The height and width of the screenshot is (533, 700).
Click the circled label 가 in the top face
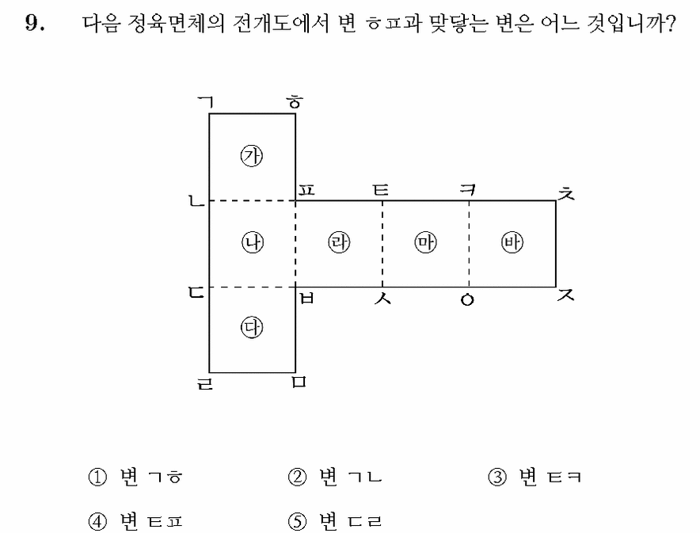(252, 156)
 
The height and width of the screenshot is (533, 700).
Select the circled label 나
(253, 243)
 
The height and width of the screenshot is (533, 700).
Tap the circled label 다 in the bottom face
(252, 328)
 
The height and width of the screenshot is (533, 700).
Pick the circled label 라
(339, 242)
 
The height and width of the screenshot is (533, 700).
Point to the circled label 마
(425, 242)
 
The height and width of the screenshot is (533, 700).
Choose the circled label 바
(512, 242)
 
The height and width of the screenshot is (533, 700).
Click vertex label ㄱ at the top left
(206, 103)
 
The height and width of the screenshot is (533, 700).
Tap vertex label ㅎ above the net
(295, 102)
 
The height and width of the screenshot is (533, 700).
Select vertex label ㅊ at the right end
(566, 192)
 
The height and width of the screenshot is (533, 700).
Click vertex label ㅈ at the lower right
(566, 295)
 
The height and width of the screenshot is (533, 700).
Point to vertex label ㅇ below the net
(467, 300)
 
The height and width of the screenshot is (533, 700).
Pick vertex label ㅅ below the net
(382, 298)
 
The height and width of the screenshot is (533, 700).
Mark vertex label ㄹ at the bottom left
(205, 384)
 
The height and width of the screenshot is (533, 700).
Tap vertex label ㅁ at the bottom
(299, 382)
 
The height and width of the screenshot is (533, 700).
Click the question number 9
(35, 22)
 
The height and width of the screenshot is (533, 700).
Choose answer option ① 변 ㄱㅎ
(135, 478)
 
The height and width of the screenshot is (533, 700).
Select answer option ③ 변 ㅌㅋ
(535, 478)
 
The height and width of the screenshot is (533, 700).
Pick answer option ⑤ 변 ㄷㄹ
(335, 521)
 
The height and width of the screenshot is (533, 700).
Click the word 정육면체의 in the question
(176, 24)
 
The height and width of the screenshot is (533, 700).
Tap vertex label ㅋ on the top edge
(467, 190)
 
